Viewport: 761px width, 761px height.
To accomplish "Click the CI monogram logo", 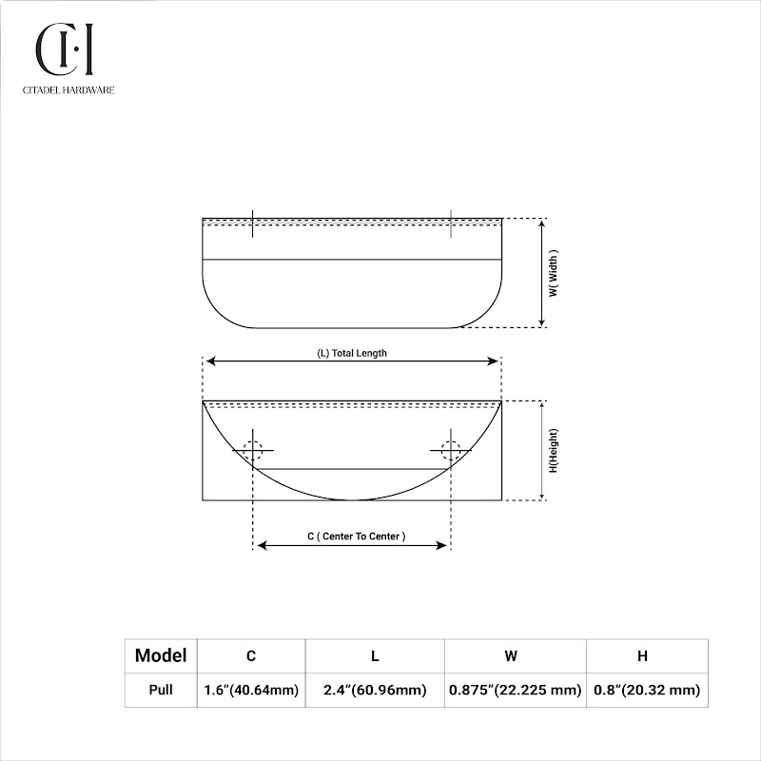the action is [64, 49].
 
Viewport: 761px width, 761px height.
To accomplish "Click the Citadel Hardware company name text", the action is [68, 90].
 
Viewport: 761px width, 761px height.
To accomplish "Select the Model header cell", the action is [161, 655].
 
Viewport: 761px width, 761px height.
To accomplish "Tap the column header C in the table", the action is [251, 656].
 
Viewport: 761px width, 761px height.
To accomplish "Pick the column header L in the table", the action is [375, 656].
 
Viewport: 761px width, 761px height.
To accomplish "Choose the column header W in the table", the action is [511, 656].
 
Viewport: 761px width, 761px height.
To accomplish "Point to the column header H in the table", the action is [643, 656].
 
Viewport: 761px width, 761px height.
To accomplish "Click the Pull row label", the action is [161, 690].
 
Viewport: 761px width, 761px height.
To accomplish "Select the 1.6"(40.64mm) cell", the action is [251, 690].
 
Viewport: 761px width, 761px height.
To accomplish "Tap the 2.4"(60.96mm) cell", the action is [375, 690].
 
